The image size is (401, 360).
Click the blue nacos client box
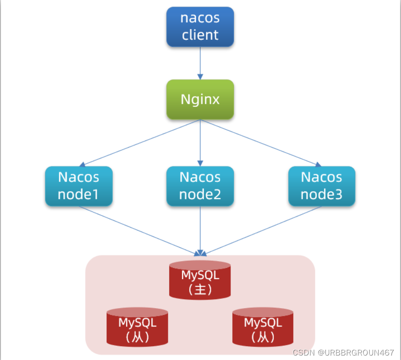pos(200,27)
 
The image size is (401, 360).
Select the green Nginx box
pos(200,99)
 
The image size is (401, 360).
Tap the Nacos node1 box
pos(79,186)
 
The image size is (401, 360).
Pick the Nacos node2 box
pos(200,186)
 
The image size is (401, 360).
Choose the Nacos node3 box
pos(321,186)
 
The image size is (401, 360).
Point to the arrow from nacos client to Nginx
pos(200,63)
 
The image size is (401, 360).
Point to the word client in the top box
pos(200,35)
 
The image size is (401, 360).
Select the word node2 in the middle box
pos(200,195)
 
